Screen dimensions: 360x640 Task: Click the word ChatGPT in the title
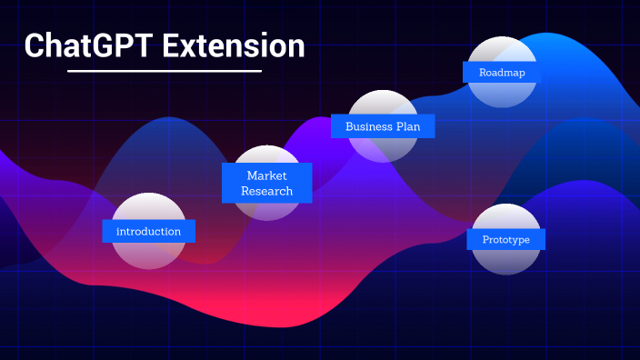[x=88, y=45]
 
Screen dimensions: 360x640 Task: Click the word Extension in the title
[x=234, y=45]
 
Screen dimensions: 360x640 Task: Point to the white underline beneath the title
[x=165, y=71]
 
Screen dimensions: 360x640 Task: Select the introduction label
[x=148, y=232]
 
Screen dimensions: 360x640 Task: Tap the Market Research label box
[x=267, y=183]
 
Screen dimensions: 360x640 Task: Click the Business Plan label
[x=383, y=126]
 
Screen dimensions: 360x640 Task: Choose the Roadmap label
[x=501, y=72]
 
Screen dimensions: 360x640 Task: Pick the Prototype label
[x=505, y=239]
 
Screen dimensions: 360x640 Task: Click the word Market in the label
[x=266, y=175]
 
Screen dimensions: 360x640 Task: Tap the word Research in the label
[x=267, y=191]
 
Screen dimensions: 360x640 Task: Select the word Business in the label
[x=367, y=126]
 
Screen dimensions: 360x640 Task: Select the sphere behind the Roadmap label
[x=502, y=95]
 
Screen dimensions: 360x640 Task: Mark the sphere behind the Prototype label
[x=505, y=262]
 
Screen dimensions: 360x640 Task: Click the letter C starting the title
[x=34, y=45]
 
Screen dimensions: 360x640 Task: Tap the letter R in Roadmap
[x=483, y=72]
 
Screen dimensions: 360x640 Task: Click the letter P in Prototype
[x=486, y=239]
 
